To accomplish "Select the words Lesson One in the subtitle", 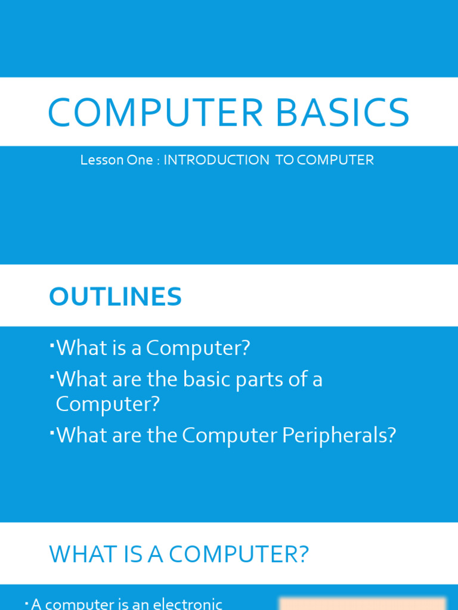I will pyautogui.click(x=117, y=160).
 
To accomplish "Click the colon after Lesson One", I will pyautogui.click(x=158, y=161).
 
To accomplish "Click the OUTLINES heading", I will pyautogui.click(x=115, y=297).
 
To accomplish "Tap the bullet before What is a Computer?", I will pyautogui.click(x=52, y=344).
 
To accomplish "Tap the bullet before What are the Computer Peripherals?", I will pyautogui.click(x=52, y=431).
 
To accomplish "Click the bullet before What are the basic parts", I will pyautogui.click(x=52, y=375).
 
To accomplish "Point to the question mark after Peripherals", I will pyautogui.click(x=391, y=435).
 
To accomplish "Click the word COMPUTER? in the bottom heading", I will pyautogui.click(x=239, y=555).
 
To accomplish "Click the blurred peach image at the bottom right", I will pyautogui.click(x=362, y=603).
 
